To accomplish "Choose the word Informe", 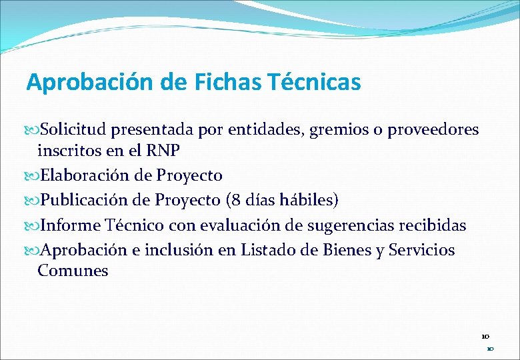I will pos(69,225).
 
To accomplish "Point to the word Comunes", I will pos(73,271).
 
